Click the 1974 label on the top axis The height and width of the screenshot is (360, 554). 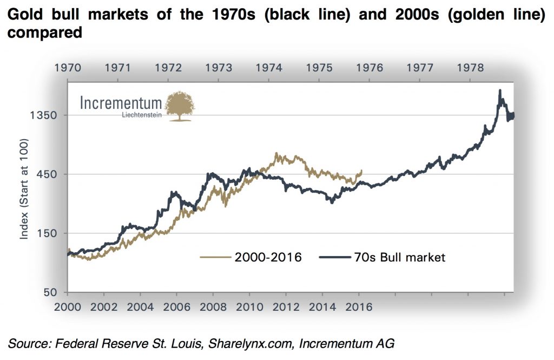coord(269,68)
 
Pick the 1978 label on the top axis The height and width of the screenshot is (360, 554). coord(471,68)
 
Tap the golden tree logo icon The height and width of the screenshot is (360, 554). coord(180,106)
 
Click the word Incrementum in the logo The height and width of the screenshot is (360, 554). coord(121,103)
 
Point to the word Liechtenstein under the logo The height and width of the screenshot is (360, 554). coord(142,116)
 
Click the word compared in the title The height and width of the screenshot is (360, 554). coord(44,32)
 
